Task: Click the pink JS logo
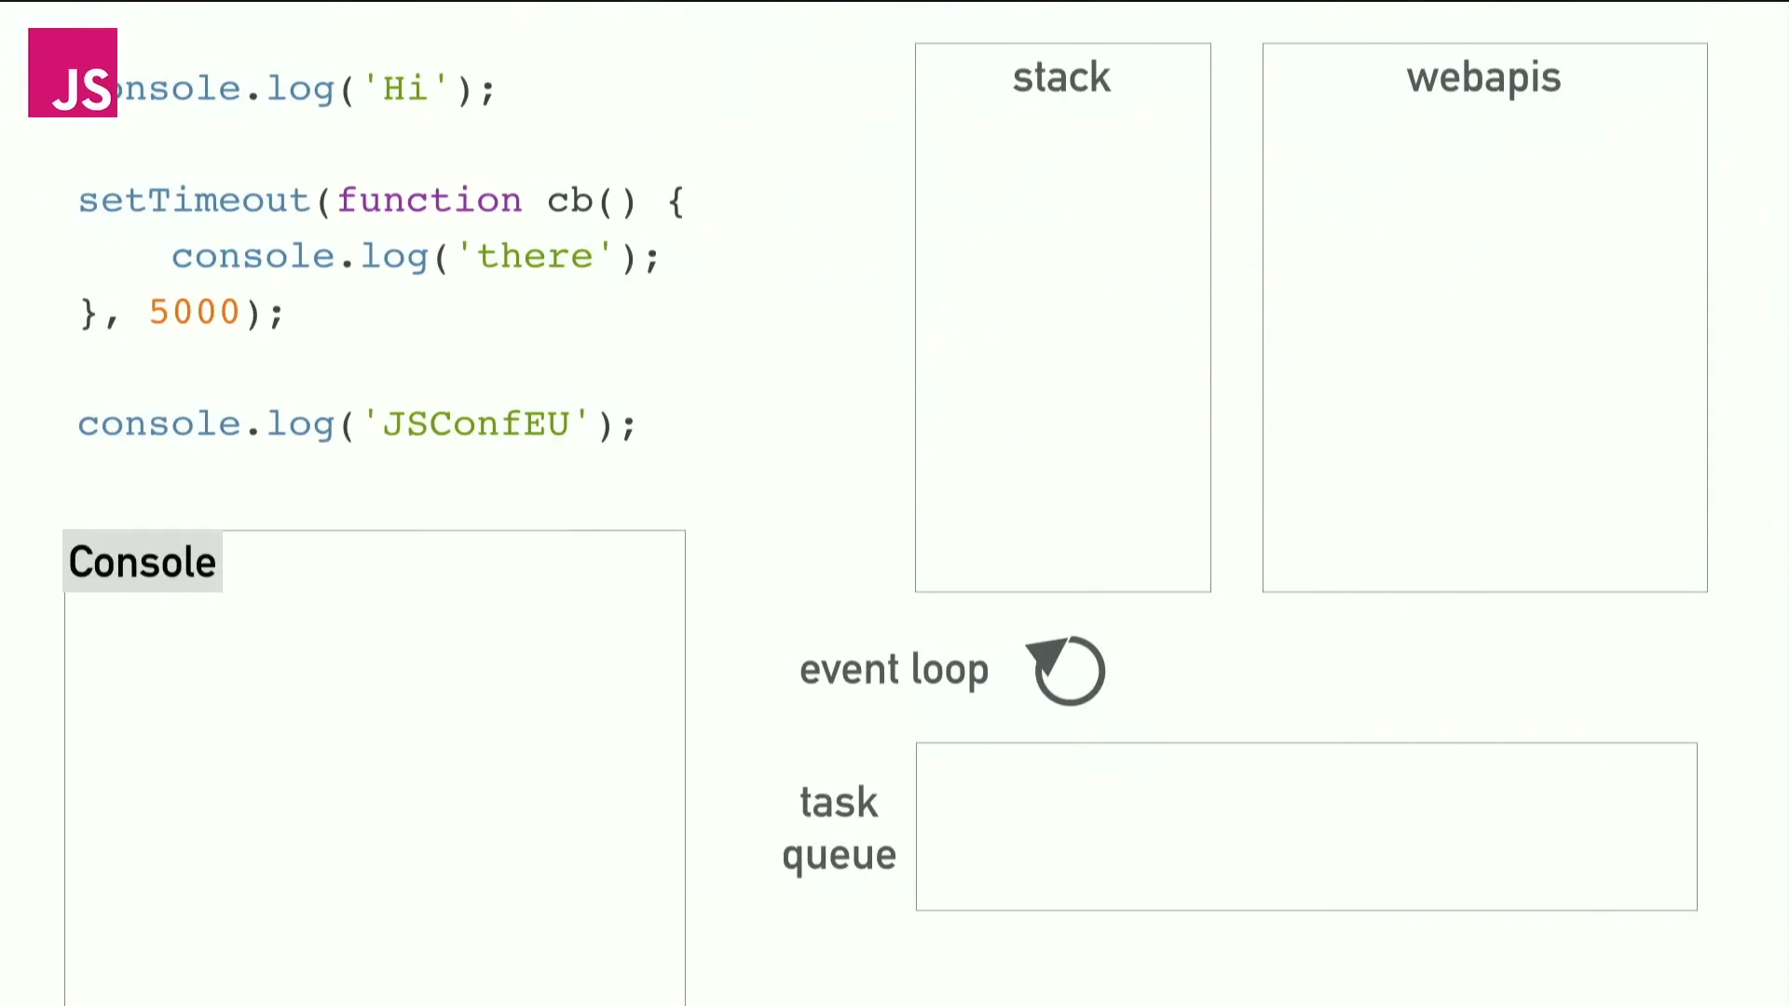pos(73,73)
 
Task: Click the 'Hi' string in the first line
pos(404,88)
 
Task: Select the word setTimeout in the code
pos(194,200)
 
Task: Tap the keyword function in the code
pos(430,200)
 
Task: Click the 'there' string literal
pos(535,256)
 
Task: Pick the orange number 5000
pos(195,312)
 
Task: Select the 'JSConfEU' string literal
pos(475,424)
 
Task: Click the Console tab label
pos(143,562)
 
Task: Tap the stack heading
pos(1062,77)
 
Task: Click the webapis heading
pos(1483,77)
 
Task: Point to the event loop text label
pos(894,670)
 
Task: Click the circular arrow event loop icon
pos(1068,671)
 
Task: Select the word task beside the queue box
pos(839,802)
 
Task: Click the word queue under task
pos(839,855)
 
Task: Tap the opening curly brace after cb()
pos(676,200)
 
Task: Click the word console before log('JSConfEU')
pos(159,424)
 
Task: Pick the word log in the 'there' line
pos(394,256)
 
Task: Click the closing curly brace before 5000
pos(89,312)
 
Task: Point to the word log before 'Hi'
pos(300,88)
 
